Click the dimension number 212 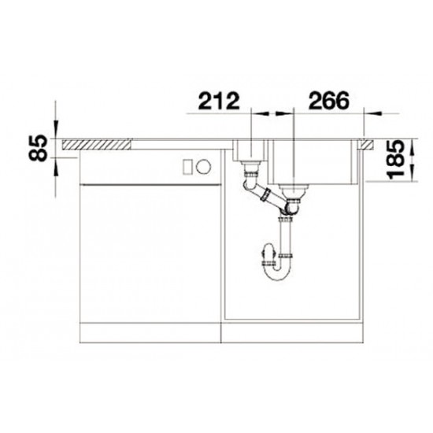click(219, 101)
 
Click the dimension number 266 click(329, 101)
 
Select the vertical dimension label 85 click(38, 148)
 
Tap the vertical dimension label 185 click(395, 160)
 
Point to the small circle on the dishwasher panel click(204, 167)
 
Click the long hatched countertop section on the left click(97, 145)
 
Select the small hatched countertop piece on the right click(366, 145)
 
